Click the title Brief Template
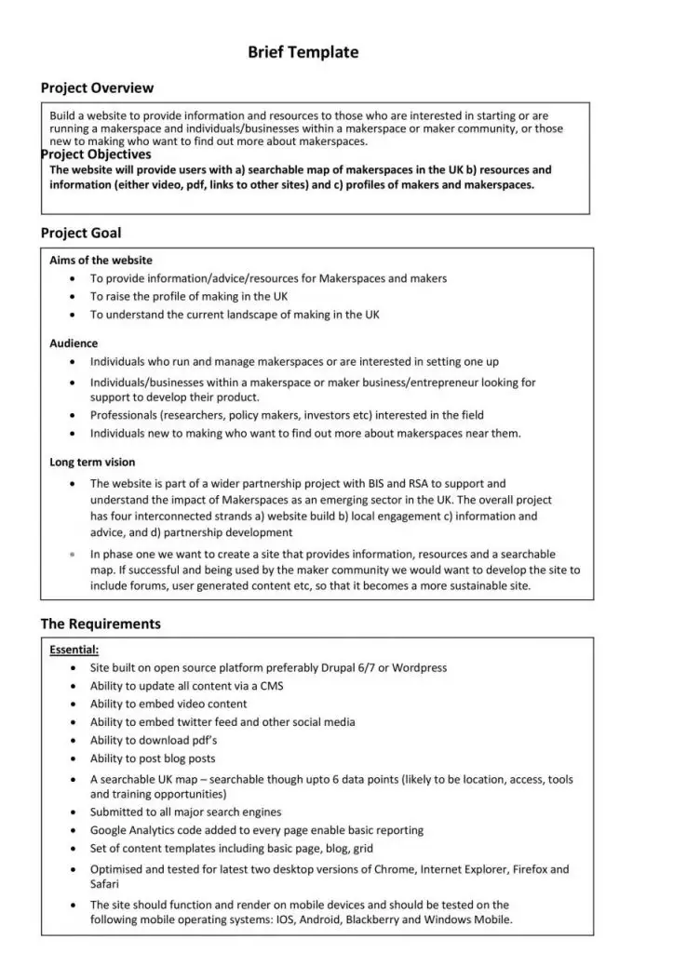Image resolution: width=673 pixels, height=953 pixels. coord(303,53)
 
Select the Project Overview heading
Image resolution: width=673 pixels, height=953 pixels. coord(97,88)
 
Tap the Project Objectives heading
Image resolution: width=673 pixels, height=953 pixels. coord(96,154)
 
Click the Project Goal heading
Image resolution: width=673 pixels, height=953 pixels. coord(80,233)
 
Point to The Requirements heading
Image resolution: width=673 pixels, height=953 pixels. coord(100,624)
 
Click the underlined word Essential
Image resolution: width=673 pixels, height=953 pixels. coord(74,650)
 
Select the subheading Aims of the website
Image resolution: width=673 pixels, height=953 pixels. coord(101,261)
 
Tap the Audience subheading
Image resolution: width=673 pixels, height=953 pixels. coord(74,343)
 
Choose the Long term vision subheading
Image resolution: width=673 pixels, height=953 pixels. coord(92,462)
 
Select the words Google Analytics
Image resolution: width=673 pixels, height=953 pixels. coord(135,830)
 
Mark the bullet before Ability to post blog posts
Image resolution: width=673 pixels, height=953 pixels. coord(73,758)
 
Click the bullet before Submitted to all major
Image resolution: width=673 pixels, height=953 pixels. coord(73,812)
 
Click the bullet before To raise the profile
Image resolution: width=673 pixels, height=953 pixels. coord(73,296)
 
